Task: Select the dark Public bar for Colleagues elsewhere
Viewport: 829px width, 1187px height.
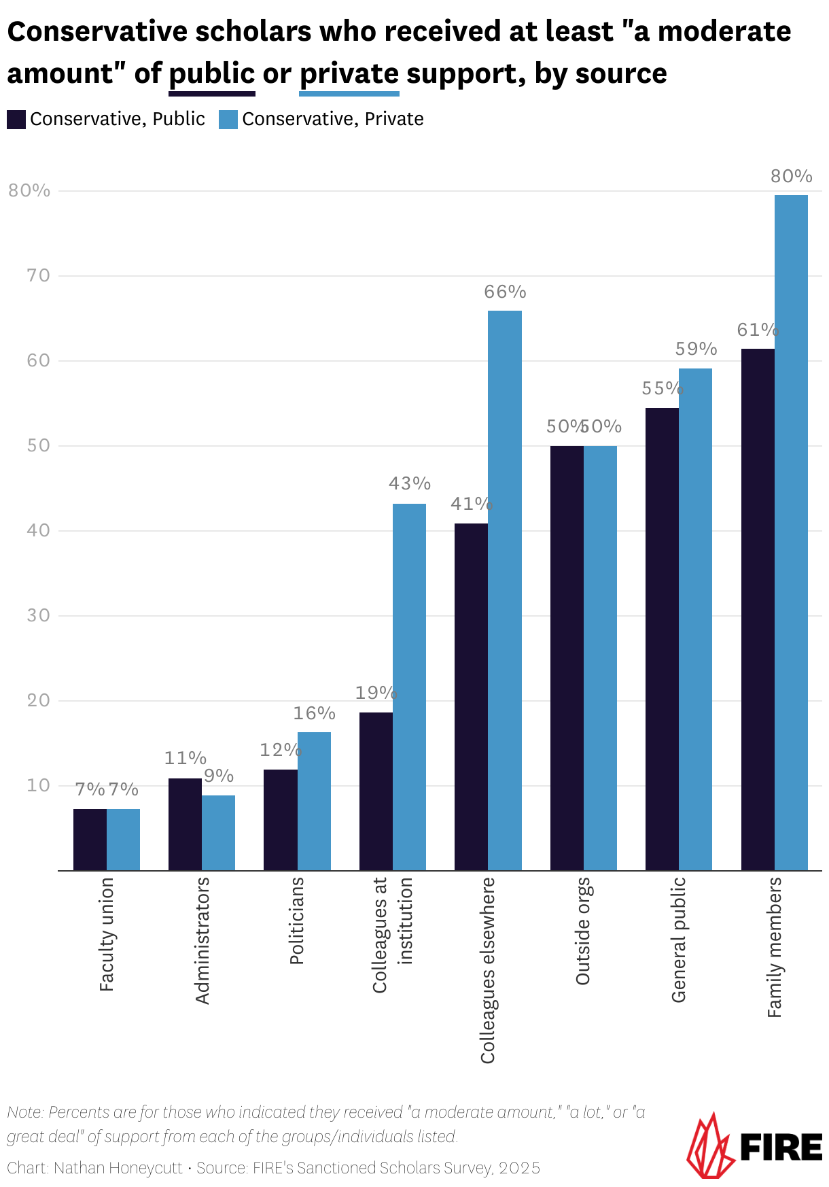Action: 471,696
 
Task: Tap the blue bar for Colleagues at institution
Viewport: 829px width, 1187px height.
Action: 409,687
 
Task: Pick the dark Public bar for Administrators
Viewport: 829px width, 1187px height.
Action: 185,824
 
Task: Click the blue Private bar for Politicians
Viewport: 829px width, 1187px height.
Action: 314,801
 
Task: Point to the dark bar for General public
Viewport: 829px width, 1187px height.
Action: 662,638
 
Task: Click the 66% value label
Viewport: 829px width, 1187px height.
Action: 505,292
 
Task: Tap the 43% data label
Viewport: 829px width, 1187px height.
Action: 409,483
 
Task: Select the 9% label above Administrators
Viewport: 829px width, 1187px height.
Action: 219,776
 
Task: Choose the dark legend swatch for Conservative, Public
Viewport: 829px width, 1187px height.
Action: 16,120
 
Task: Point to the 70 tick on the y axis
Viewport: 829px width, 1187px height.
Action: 39,275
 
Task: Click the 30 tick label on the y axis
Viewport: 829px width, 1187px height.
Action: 39,615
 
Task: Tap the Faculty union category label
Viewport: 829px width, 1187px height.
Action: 107,934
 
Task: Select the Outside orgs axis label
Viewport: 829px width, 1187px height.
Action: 583,931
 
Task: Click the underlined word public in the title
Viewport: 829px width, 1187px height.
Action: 211,73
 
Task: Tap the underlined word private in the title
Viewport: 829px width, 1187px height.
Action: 349,73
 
